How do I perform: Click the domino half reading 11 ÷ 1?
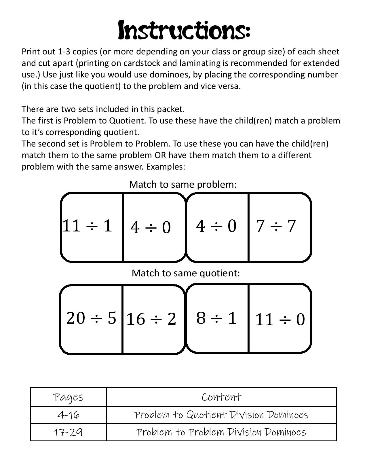pos(87,226)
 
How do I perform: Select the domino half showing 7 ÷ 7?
pos(276,226)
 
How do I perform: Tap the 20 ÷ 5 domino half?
pos(91,318)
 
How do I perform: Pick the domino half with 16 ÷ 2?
pos(151,319)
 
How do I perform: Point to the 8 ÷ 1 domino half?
pos(216,318)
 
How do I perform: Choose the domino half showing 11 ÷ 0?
pos(280,320)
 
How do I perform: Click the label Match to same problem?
pos(183,184)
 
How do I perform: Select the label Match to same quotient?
pos(186,273)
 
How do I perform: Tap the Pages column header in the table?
pos(69,397)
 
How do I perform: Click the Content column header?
pos(221,397)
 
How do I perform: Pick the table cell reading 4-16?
pos(69,415)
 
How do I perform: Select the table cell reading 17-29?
pos(69,432)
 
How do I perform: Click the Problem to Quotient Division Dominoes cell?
pos(221,415)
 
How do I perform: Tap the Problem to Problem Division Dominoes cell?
pos(221,432)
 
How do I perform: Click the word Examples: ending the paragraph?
pos(166,167)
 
